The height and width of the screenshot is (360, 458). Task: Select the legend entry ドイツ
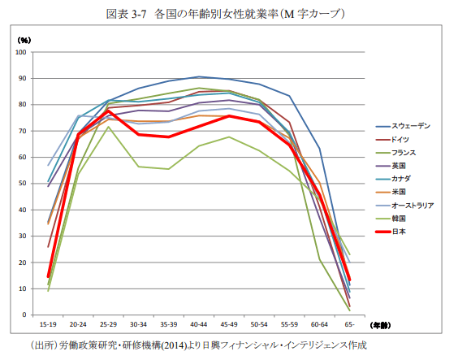click(404, 140)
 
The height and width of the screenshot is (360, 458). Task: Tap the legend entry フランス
click(405, 153)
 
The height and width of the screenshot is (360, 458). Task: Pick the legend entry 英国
click(400, 166)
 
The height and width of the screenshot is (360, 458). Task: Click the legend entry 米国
click(400, 192)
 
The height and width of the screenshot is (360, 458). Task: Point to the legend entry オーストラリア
click(414, 205)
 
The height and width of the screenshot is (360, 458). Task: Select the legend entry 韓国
click(400, 218)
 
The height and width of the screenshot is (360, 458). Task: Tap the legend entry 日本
click(400, 232)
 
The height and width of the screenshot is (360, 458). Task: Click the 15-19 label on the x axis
click(48, 324)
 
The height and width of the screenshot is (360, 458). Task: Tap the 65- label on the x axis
click(349, 324)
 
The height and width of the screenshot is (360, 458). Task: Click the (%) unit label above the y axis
click(24, 39)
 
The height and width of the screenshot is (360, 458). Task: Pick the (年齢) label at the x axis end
click(381, 324)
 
